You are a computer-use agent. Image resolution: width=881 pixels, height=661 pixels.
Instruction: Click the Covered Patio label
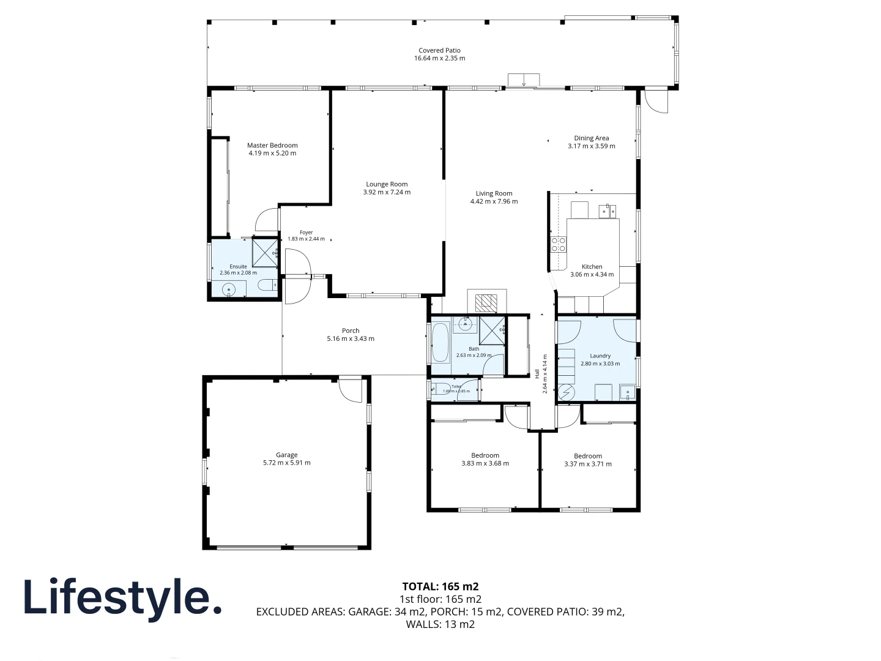click(439, 51)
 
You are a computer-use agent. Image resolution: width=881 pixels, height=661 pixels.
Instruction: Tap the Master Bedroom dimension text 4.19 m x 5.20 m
click(272, 154)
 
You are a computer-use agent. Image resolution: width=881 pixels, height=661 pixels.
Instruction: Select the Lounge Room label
click(387, 184)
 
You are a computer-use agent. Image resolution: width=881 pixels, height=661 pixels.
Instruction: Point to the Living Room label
click(494, 193)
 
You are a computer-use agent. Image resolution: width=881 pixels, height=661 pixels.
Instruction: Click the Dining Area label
click(591, 138)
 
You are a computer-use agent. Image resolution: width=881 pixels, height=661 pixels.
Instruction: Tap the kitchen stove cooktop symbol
click(559, 245)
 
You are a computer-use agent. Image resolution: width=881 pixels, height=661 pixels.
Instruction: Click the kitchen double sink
click(607, 212)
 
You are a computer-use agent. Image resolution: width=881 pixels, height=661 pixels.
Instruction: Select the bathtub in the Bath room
click(441, 343)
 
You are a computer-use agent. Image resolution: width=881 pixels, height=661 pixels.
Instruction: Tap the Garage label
click(286, 455)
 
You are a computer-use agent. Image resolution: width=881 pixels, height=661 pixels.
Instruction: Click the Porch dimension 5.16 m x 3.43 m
click(351, 339)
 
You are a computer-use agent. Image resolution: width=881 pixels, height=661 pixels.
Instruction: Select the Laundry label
click(600, 356)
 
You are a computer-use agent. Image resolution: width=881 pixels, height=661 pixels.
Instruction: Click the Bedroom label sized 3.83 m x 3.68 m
click(485, 455)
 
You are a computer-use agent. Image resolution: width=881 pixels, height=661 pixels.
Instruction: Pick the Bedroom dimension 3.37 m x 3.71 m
click(587, 465)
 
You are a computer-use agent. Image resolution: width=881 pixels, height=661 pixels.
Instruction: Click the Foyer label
click(306, 233)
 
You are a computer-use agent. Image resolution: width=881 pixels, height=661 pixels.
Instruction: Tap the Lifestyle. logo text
click(122, 597)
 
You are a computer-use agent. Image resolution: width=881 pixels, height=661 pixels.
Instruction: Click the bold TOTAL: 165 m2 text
click(440, 586)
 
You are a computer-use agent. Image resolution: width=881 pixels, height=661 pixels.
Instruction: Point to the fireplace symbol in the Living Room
click(487, 302)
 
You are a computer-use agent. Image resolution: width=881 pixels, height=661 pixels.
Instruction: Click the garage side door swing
click(351, 390)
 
